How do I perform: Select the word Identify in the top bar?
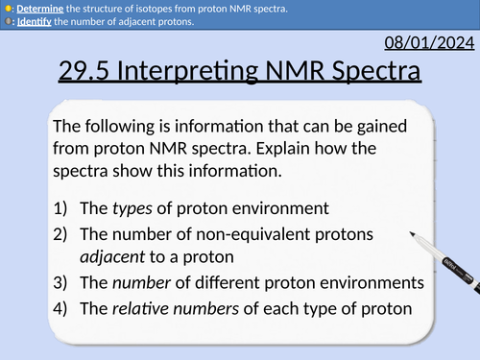pyautogui.click(x=35, y=21)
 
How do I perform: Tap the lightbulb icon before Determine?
pyautogui.click(x=8, y=8)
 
